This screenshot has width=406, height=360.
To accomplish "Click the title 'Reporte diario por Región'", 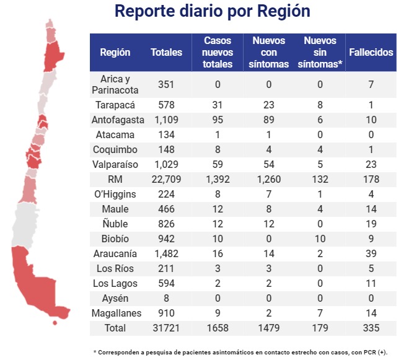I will (x=213, y=12).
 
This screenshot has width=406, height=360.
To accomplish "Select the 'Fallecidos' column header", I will (x=371, y=53).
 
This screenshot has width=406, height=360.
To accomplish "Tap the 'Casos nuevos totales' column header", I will (x=217, y=53).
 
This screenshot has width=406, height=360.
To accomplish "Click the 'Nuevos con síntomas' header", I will (x=268, y=53).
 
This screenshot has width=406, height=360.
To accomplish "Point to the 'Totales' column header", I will (x=166, y=53).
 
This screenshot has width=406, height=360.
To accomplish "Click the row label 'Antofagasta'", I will (x=115, y=120).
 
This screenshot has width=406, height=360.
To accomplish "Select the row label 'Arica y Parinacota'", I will (x=115, y=85).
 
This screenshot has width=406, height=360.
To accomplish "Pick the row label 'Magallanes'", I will (x=115, y=313).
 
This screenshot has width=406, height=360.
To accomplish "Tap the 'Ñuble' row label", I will (x=115, y=224).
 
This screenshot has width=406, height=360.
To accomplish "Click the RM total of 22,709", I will (x=166, y=179).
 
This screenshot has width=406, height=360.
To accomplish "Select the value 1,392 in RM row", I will (x=218, y=179).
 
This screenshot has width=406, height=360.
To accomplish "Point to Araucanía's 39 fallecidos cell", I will (x=371, y=253).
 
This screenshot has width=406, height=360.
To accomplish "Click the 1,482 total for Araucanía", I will (x=166, y=253).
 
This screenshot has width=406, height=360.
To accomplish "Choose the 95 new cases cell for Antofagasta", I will (x=218, y=120).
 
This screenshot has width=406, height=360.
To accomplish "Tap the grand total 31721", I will (x=166, y=328).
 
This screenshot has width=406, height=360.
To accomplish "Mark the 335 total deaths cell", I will (x=371, y=328).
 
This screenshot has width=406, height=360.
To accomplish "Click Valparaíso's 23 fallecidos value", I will (x=371, y=164).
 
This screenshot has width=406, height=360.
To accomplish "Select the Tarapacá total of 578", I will (x=166, y=105).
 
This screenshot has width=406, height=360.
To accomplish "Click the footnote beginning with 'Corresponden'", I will (x=240, y=352).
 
